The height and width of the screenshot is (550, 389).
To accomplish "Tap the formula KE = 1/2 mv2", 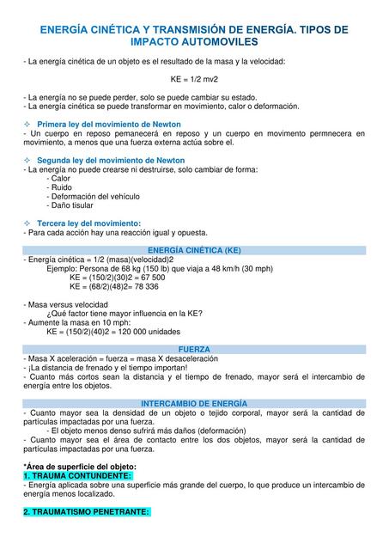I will [x=193, y=77].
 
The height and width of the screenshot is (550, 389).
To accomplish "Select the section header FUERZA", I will [x=195, y=349].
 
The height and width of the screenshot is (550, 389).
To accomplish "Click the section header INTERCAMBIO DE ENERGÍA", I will [x=194, y=402].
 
